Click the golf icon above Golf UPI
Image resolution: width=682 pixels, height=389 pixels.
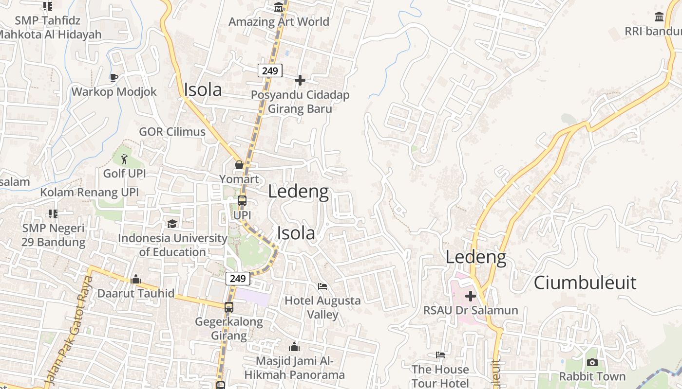tap(124, 158)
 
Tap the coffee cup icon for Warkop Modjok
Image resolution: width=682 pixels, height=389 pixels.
tap(114, 77)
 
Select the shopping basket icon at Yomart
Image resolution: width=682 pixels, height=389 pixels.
tap(239, 165)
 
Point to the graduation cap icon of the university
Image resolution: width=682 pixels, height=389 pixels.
tap(172, 224)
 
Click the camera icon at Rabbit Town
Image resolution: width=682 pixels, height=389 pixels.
tap(592, 362)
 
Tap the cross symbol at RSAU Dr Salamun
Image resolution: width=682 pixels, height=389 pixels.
tap(471, 296)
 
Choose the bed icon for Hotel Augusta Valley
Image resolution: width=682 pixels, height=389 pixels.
tap(322, 286)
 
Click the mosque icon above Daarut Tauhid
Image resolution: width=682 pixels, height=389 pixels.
tap(136, 279)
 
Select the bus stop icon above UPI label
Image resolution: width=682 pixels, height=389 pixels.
tap(242, 200)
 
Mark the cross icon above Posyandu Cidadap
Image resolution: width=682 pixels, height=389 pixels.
tap(300, 80)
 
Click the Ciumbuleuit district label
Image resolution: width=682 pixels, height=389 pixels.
tap(585, 283)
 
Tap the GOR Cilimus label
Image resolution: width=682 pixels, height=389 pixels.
tap(172, 132)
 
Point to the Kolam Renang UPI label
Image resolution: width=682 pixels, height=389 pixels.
tap(89, 192)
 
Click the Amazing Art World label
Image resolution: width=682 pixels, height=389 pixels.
tap(279, 22)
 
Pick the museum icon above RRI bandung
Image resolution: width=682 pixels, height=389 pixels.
tap(659, 17)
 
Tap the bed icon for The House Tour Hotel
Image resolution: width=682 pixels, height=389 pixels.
tap(440, 355)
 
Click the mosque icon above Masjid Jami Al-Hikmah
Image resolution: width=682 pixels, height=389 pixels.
tap(294, 347)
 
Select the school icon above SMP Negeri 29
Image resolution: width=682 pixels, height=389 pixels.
tap(53, 213)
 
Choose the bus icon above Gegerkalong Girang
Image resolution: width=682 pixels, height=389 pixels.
tap(229, 307)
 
